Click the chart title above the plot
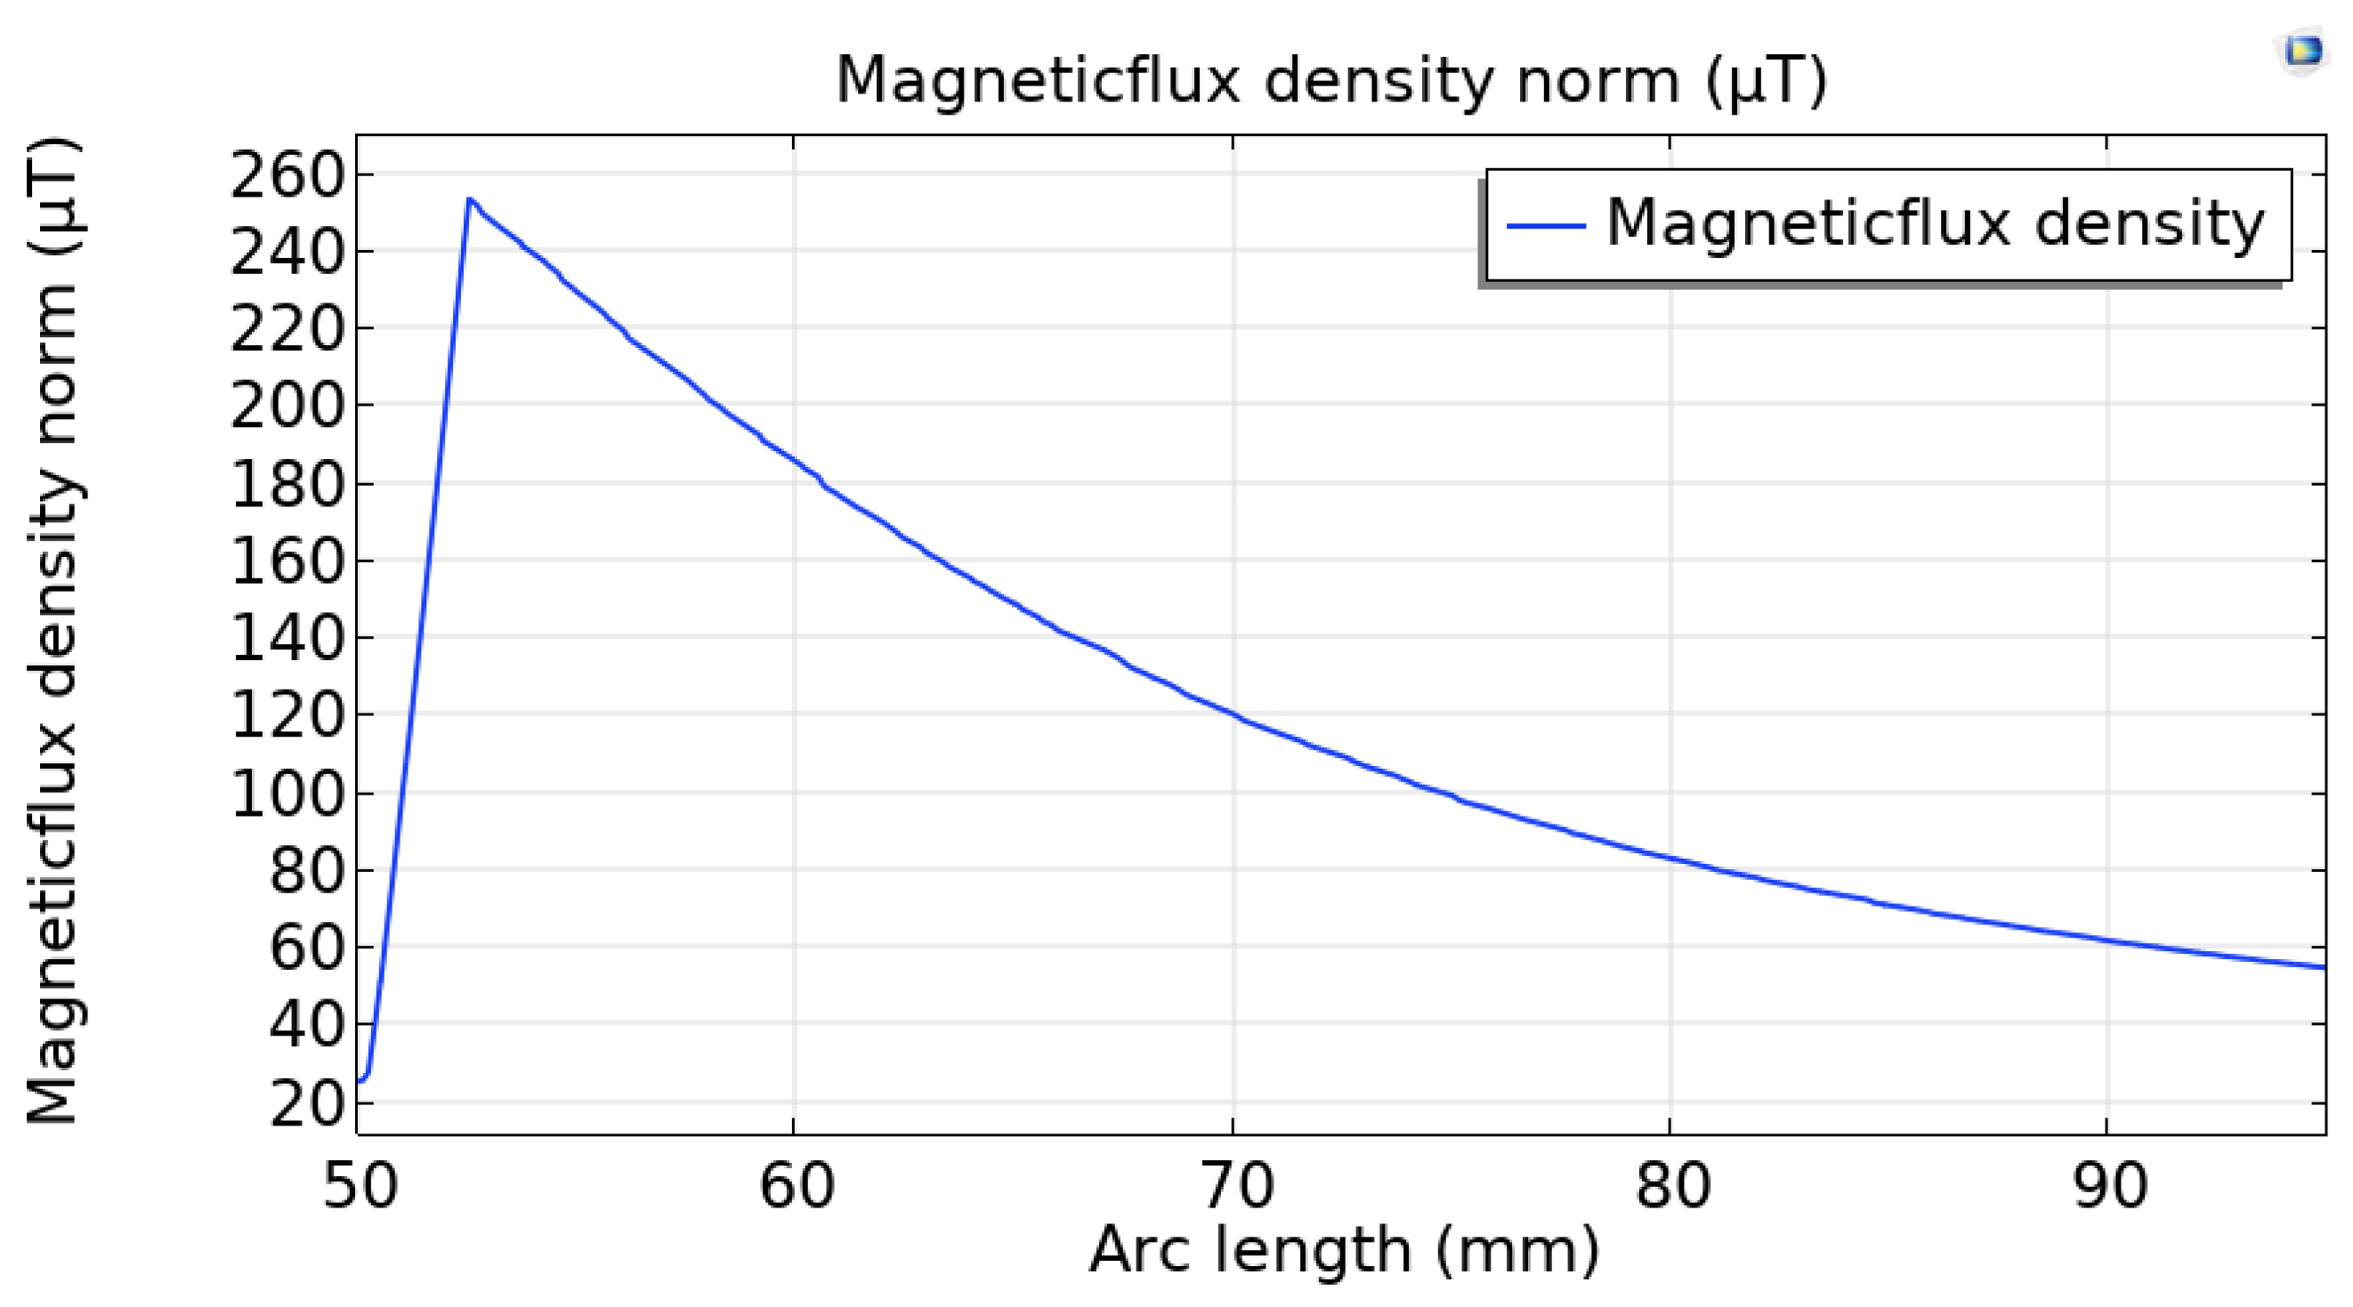[x=1330, y=80]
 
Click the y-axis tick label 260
[x=287, y=174]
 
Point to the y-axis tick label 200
[x=287, y=406]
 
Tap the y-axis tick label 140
[x=287, y=638]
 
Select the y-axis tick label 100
[x=287, y=793]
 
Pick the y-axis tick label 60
[x=307, y=948]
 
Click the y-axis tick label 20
[x=307, y=1103]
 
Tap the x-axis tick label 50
[x=360, y=1186]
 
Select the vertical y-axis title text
[x=53, y=630]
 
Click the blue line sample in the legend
[x=1545, y=225]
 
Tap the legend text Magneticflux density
[x=1935, y=222]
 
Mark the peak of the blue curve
[x=469, y=198]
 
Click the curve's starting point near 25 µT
[x=359, y=1081]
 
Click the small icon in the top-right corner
[x=2302, y=51]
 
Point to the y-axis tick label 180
[x=287, y=483]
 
